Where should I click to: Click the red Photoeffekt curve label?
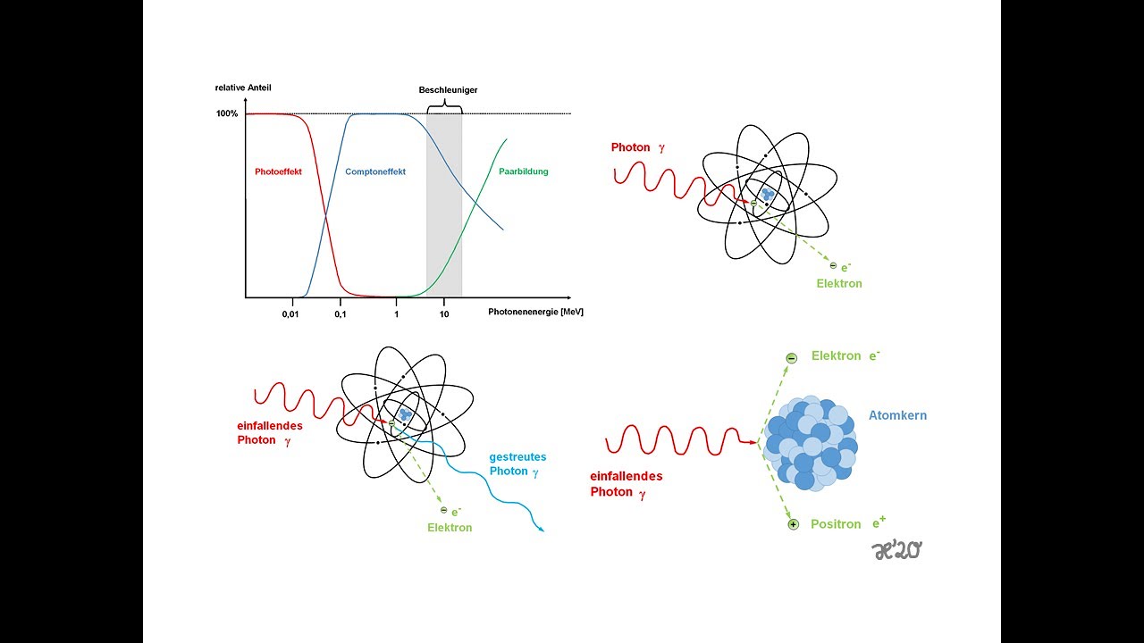coord(278,172)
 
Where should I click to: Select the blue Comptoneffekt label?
coord(375,172)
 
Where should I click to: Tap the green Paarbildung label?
coord(524,172)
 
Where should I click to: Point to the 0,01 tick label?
coord(290,314)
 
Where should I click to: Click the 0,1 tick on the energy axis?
coord(341,314)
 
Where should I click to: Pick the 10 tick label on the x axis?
coord(444,314)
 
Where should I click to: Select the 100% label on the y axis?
coord(227,113)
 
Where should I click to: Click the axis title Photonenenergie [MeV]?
coord(535,312)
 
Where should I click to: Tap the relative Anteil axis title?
coord(243,88)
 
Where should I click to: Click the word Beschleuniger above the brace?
coord(448,90)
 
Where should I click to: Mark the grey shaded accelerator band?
coord(444,205)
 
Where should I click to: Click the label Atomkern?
coord(898,415)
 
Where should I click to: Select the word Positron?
coord(836,524)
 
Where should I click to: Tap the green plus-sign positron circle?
coord(793,524)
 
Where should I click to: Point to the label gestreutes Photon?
coord(517,463)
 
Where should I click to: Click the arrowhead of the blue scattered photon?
coord(542,530)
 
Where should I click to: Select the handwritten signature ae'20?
coord(896,551)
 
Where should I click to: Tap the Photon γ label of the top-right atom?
coord(638,147)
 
